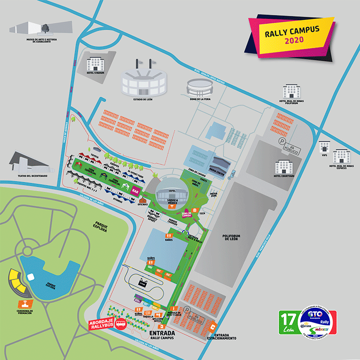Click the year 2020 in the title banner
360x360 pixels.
[294, 40]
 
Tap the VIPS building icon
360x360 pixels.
[324, 147]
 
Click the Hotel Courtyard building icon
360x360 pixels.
[284, 166]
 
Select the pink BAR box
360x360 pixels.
[135, 191]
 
